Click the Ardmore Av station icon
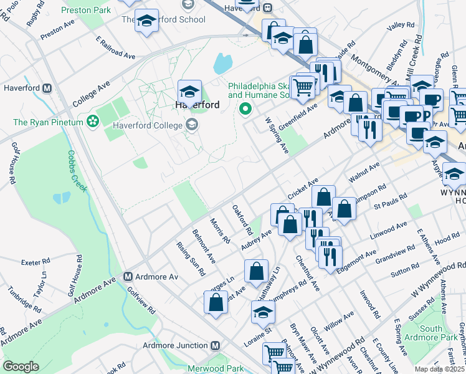[x=128, y=276]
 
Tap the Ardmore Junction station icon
[x=216, y=345]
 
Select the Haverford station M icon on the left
[x=47, y=89]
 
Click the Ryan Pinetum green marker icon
[x=93, y=121]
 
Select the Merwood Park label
[x=219, y=368]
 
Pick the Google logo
[x=21, y=366]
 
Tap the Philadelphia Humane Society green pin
[x=245, y=110]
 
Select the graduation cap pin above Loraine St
[x=263, y=311]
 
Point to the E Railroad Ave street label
[x=115, y=48]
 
